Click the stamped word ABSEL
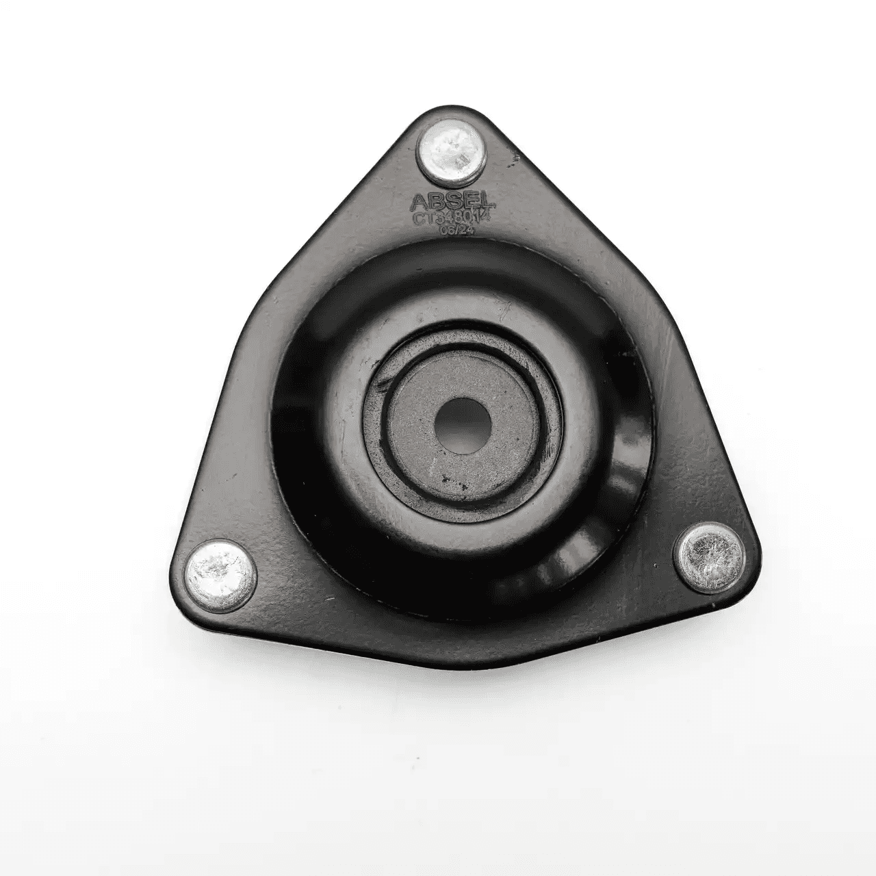pyautogui.click(x=452, y=201)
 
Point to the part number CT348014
pyautogui.click(x=452, y=218)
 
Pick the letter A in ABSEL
pyautogui.click(x=419, y=201)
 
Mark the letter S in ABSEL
pyautogui.click(x=452, y=201)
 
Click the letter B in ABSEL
pyautogui.click(x=436, y=201)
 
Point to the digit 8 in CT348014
pyautogui.click(x=459, y=218)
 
